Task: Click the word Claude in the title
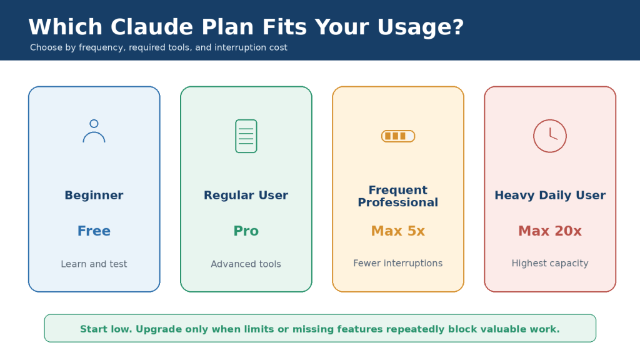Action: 152,27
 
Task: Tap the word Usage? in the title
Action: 421,27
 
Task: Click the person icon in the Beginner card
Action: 94,131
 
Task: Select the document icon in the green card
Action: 246,136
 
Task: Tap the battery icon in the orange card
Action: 398,136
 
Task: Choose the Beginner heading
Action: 94,195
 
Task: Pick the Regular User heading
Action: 246,195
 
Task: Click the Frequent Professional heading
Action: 398,196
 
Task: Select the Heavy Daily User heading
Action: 550,196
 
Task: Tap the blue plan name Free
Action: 94,231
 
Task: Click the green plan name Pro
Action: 246,231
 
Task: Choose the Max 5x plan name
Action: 398,231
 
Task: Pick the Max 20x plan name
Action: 550,231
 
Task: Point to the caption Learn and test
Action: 94,264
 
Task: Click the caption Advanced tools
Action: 246,264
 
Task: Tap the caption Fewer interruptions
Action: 398,263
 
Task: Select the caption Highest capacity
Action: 550,264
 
